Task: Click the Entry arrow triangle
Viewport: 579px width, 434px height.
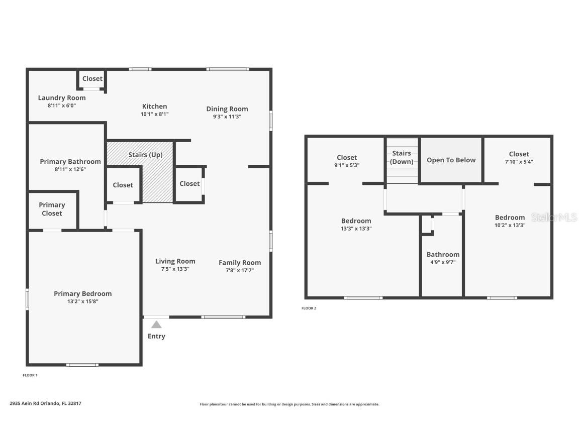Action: pyautogui.click(x=156, y=324)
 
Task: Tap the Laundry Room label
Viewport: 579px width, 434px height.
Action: pyautogui.click(x=62, y=98)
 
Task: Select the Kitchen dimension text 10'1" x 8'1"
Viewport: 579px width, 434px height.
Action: pyautogui.click(x=154, y=114)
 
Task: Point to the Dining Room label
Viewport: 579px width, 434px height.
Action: pyautogui.click(x=227, y=109)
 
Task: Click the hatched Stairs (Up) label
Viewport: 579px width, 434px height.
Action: pyautogui.click(x=145, y=155)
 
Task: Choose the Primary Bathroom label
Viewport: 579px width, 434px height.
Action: pyautogui.click(x=70, y=162)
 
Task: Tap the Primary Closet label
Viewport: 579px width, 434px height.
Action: pyautogui.click(x=52, y=209)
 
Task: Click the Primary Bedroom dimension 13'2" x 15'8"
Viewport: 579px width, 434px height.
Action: pyautogui.click(x=83, y=301)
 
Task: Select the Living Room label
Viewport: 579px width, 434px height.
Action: pyautogui.click(x=175, y=261)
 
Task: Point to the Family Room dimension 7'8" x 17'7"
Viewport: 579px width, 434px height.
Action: pyautogui.click(x=239, y=270)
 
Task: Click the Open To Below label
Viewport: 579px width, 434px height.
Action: pyautogui.click(x=451, y=160)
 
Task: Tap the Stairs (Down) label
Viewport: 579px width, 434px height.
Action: pyautogui.click(x=402, y=157)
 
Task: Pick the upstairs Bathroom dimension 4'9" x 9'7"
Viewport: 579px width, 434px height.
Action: pyautogui.click(x=443, y=262)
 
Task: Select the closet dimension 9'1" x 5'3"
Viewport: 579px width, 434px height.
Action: pyautogui.click(x=347, y=165)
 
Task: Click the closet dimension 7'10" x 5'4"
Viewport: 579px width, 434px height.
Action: pyautogui.click(x=519, y=162)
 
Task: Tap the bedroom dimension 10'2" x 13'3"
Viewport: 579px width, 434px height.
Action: pyautogui.click(x=510, y=225)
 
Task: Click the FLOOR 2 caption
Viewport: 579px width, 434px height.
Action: pyautogui.click(x=309, y=308)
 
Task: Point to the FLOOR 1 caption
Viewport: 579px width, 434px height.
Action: pyautogui.click(x=30, y=375)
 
